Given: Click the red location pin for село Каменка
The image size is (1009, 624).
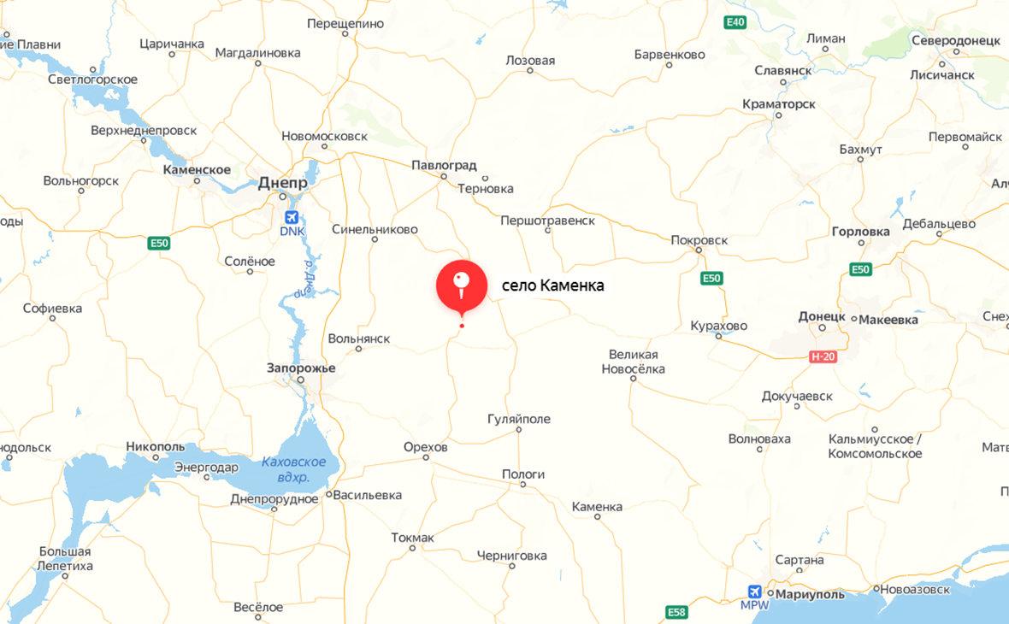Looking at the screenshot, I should tap(462, 286).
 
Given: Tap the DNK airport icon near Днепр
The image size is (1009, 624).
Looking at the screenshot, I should tap(292, 218).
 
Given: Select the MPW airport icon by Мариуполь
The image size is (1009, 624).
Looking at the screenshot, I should tap(754, 592).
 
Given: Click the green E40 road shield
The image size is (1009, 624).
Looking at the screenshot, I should tap(735, 21).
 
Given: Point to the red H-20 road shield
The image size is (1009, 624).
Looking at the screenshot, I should tap(823, 356).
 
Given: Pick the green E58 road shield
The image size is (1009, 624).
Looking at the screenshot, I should tap(676, 612).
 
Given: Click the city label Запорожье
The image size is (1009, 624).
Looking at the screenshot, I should tap(301, 368).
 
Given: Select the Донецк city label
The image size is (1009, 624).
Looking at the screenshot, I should tap(821, 316).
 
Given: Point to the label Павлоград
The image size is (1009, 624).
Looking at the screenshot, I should tap(444, 165).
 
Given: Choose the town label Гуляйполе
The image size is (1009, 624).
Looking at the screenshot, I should tap(518, 420).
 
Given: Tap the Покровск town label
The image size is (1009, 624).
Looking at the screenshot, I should tap(699, 240).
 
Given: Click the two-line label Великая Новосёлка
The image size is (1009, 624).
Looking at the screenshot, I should tap(634, 362).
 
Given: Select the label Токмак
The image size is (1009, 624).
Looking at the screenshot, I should tap(412, 538).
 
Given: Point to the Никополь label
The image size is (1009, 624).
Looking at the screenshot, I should tap(155, 446).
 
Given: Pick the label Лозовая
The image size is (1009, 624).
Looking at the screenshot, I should tap(530, 61).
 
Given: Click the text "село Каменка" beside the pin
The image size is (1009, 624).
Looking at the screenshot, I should tap(552, 286).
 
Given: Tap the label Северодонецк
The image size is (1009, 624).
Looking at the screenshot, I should tap(955, 41).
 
